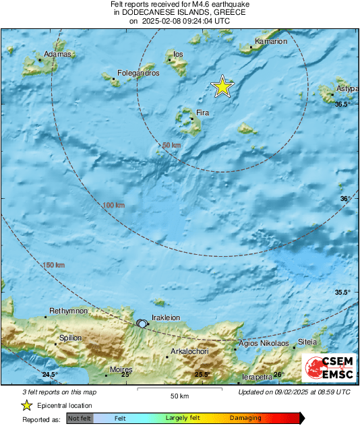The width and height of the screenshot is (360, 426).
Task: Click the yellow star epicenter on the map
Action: (x=222, y=87)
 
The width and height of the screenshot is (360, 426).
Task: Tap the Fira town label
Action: (x=204, y=113)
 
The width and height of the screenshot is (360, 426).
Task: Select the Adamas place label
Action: (x=57, y=54)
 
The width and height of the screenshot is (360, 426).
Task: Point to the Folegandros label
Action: (x=138, y=73)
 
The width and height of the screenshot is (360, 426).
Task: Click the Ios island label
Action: (x=179, y=54)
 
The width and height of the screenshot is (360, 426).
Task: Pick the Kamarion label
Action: (x=271, y=41)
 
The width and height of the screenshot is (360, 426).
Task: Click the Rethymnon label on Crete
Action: (x=69, y=311)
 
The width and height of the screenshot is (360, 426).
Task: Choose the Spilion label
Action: (x=71, y=338)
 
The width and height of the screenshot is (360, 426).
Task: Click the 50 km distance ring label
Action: (x=172, y=145)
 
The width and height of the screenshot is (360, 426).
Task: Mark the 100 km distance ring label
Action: (x=114, y=205)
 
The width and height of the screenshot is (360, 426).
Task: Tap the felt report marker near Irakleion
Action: (x=142, y=324)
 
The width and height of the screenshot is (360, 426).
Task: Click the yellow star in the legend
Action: (x=27, y=405)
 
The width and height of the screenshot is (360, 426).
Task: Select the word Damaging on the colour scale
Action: (x=245, y=419)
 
